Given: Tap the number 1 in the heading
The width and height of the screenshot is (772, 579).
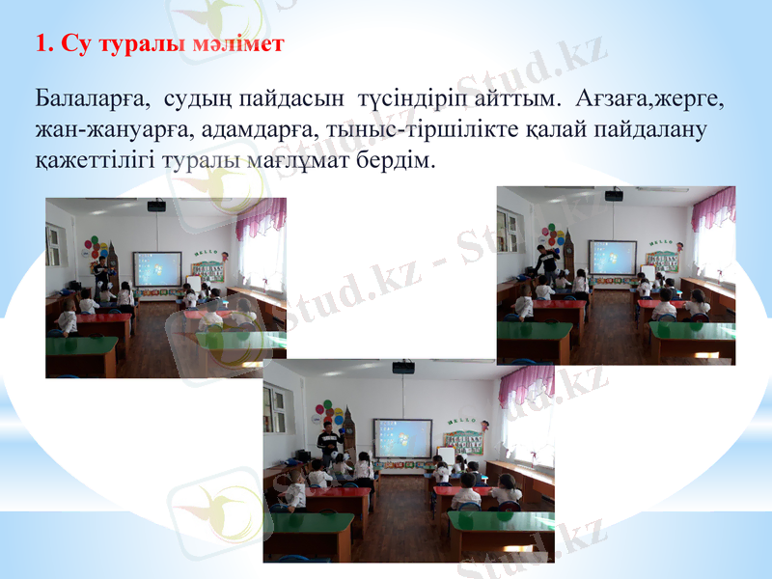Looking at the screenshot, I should (x=40, y=43).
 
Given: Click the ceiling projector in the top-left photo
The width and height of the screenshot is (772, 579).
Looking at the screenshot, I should (x=155, y=205).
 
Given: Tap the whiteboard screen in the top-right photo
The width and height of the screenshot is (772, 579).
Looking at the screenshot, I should (x=613, y=258).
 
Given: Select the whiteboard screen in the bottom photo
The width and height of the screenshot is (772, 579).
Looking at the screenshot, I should (x=402, y=437).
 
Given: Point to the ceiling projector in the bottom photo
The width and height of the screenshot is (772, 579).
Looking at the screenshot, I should (x=402, y=367).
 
